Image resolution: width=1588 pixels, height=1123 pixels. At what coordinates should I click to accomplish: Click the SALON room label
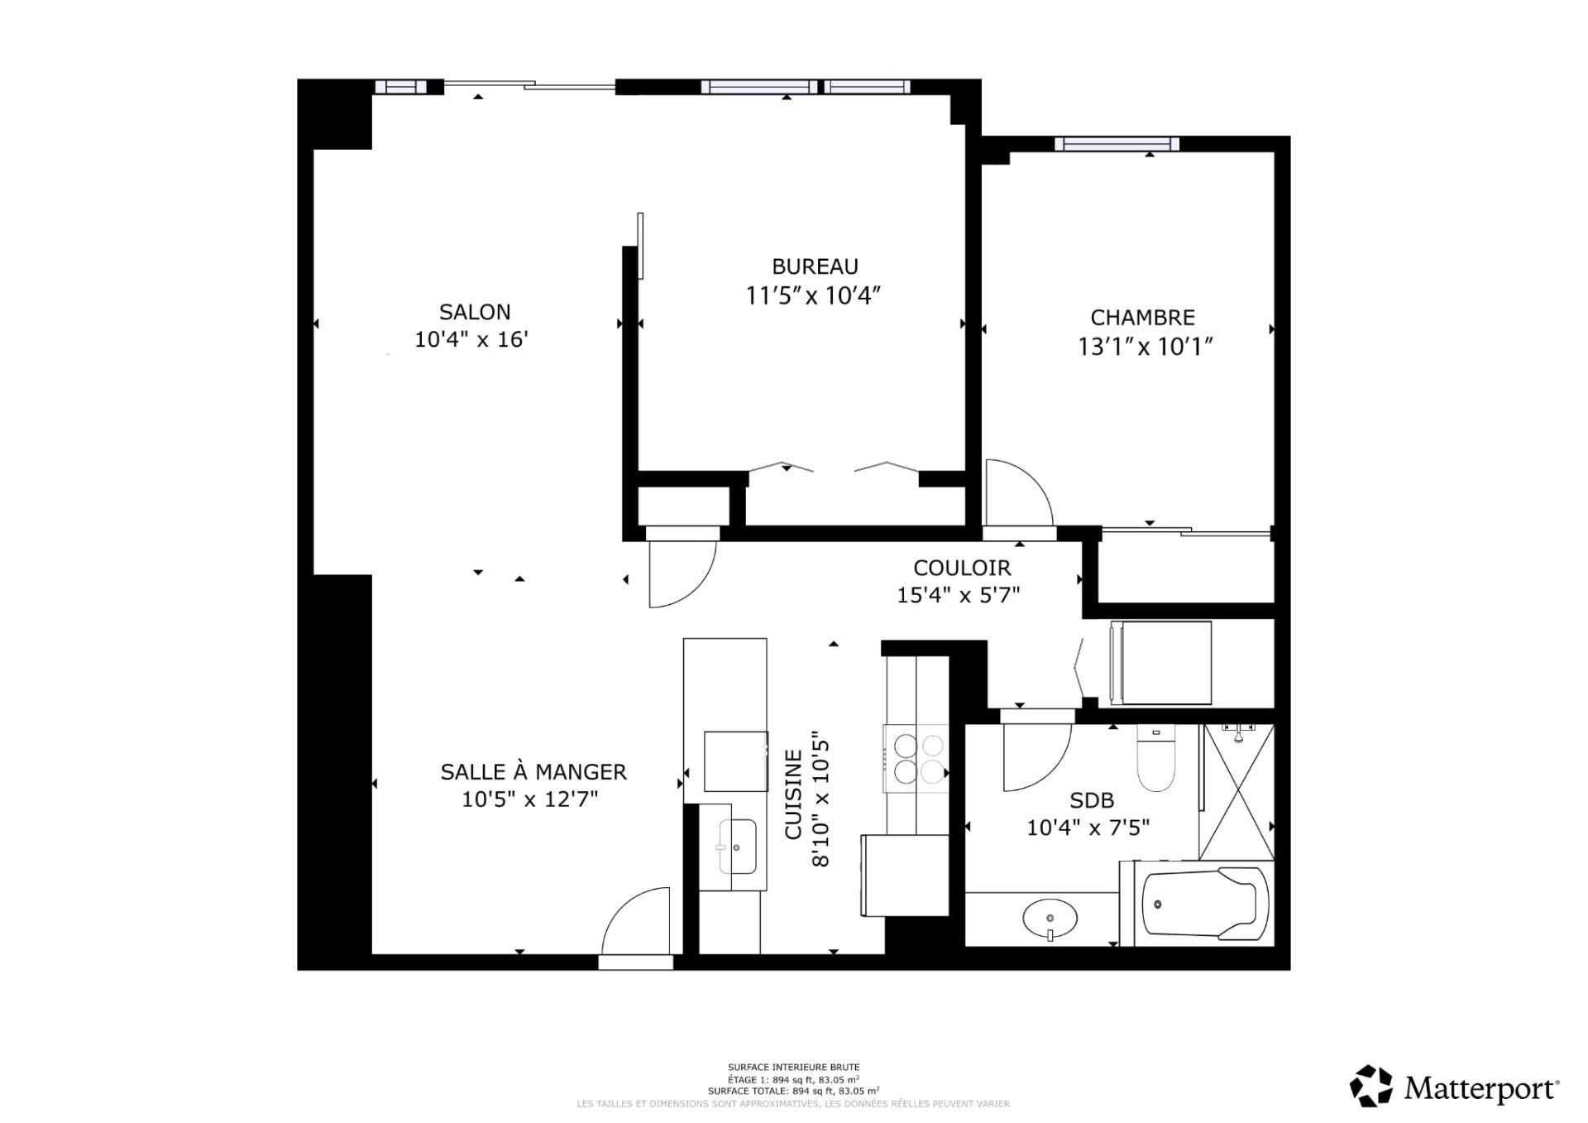pyautogui.click(x=475, y=312)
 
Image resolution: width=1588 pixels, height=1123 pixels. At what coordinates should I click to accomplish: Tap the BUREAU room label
pyautogui.click(x=815, y=266)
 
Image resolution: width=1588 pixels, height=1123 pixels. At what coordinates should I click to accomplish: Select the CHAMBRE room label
pyautogui.click(x=1142, y=318)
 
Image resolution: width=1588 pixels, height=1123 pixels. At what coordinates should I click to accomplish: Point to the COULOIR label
pyautogui.click(x=962, y=568)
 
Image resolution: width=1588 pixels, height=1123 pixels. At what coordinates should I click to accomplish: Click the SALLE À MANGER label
pyautogui.click(x=533, y=771)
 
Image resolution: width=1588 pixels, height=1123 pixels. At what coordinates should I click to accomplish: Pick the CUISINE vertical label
pyautogui.click(x=793, y=794)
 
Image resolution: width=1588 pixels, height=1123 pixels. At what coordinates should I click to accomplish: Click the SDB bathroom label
pyautogui.click(x=1092, y=800)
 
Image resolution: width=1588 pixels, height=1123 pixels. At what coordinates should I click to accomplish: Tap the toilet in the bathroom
pyautogui.click(x=1155, y=758)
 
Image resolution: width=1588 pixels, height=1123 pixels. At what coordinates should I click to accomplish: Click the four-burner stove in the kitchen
pyautogui.click(x=916, y=758)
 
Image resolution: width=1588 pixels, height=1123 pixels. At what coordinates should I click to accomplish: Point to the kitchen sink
pyautogui.click(x=737, y=846)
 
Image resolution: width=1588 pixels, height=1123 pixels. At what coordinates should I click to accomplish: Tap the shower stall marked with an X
pyautogui.click(x=1236, y=792)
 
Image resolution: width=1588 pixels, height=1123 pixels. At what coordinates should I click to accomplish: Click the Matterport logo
pyautogui.click(x=1454, y=1087)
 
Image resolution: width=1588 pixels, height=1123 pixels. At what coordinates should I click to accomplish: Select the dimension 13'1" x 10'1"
pyautogui.click(x=1145, y=346)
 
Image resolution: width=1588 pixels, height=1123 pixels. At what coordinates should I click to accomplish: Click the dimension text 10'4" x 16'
pyautogui.click(x=471, y=339)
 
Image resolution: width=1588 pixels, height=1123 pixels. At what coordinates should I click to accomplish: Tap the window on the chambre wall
pyautogui.click(x=1117, y=144)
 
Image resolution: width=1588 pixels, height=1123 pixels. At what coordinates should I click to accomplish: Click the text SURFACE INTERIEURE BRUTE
pyautogui.click(x=793, y=1068)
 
